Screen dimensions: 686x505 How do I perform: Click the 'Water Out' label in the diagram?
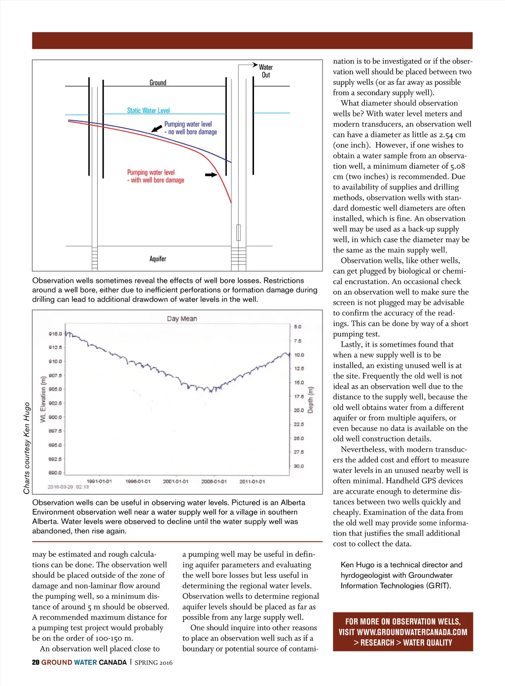pos(266,71)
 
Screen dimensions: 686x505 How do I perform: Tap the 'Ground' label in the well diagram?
pos(158,83)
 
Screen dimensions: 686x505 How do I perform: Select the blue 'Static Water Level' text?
pos(148,110)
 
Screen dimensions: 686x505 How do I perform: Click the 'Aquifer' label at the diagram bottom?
pos(158,259)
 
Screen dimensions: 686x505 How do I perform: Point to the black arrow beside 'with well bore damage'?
pos(211,175)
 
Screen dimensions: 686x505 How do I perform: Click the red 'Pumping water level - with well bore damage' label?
pos(155,177)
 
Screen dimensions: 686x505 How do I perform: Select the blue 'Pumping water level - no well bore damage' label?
pos(190,128)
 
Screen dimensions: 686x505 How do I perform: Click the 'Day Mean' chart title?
pos(181,319)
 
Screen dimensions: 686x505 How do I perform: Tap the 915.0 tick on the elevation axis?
pos(55,334)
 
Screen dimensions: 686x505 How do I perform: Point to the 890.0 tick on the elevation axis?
pos(55,472)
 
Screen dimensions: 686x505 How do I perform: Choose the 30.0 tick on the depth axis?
pos(299,466)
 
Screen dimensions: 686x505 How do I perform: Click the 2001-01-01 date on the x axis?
pos(176,481)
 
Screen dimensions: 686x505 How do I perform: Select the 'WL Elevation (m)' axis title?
pos(43,399)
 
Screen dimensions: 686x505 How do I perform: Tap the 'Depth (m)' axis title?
pos(311,400)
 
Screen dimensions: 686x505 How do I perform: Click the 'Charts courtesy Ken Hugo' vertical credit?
pos(27,448)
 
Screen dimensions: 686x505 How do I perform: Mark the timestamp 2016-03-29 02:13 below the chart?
pos(68,487)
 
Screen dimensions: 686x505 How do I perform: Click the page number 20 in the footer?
pos(36,662)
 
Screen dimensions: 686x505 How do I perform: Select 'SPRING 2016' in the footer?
pos(153,662)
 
